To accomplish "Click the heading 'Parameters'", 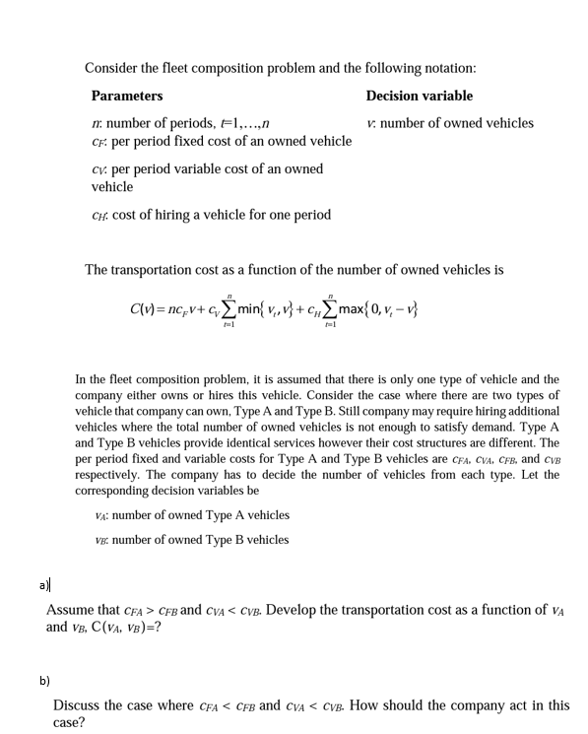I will (x=127, y=96).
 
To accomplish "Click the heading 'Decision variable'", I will (x=419, y=96).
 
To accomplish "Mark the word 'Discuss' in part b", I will (x=78, y=704).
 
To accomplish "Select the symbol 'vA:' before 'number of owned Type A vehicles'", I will (x=101, y=515).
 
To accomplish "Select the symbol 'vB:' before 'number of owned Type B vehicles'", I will (x=101, y=539).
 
